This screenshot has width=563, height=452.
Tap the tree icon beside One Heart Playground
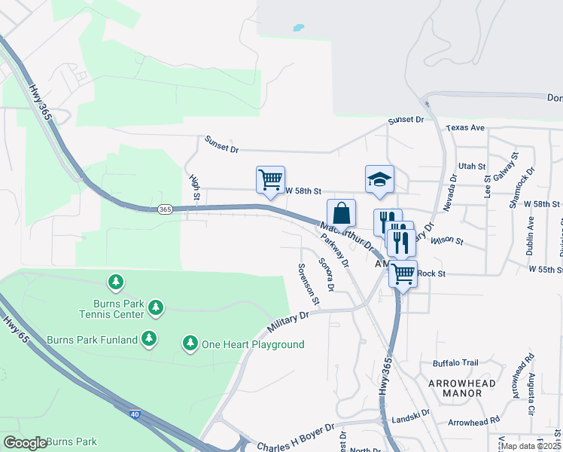point(190,344)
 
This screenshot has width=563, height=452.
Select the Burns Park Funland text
point(93,340)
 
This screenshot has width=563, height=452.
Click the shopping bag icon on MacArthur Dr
point(341,213)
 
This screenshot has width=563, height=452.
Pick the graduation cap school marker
point(379,180)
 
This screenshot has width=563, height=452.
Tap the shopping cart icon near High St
point(270,180)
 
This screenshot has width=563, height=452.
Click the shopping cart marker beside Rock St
point(403,273)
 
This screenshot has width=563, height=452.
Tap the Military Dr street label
point(288,319)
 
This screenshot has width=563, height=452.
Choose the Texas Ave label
point(465,128)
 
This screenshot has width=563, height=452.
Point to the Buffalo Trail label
point(455,362)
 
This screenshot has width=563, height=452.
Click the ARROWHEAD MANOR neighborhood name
point(465,388)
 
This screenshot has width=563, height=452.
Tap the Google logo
point(24,442)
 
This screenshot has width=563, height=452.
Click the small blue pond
point(298,28)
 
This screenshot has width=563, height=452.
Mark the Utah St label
point(473,166)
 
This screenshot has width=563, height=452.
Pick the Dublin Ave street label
point(531,235)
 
